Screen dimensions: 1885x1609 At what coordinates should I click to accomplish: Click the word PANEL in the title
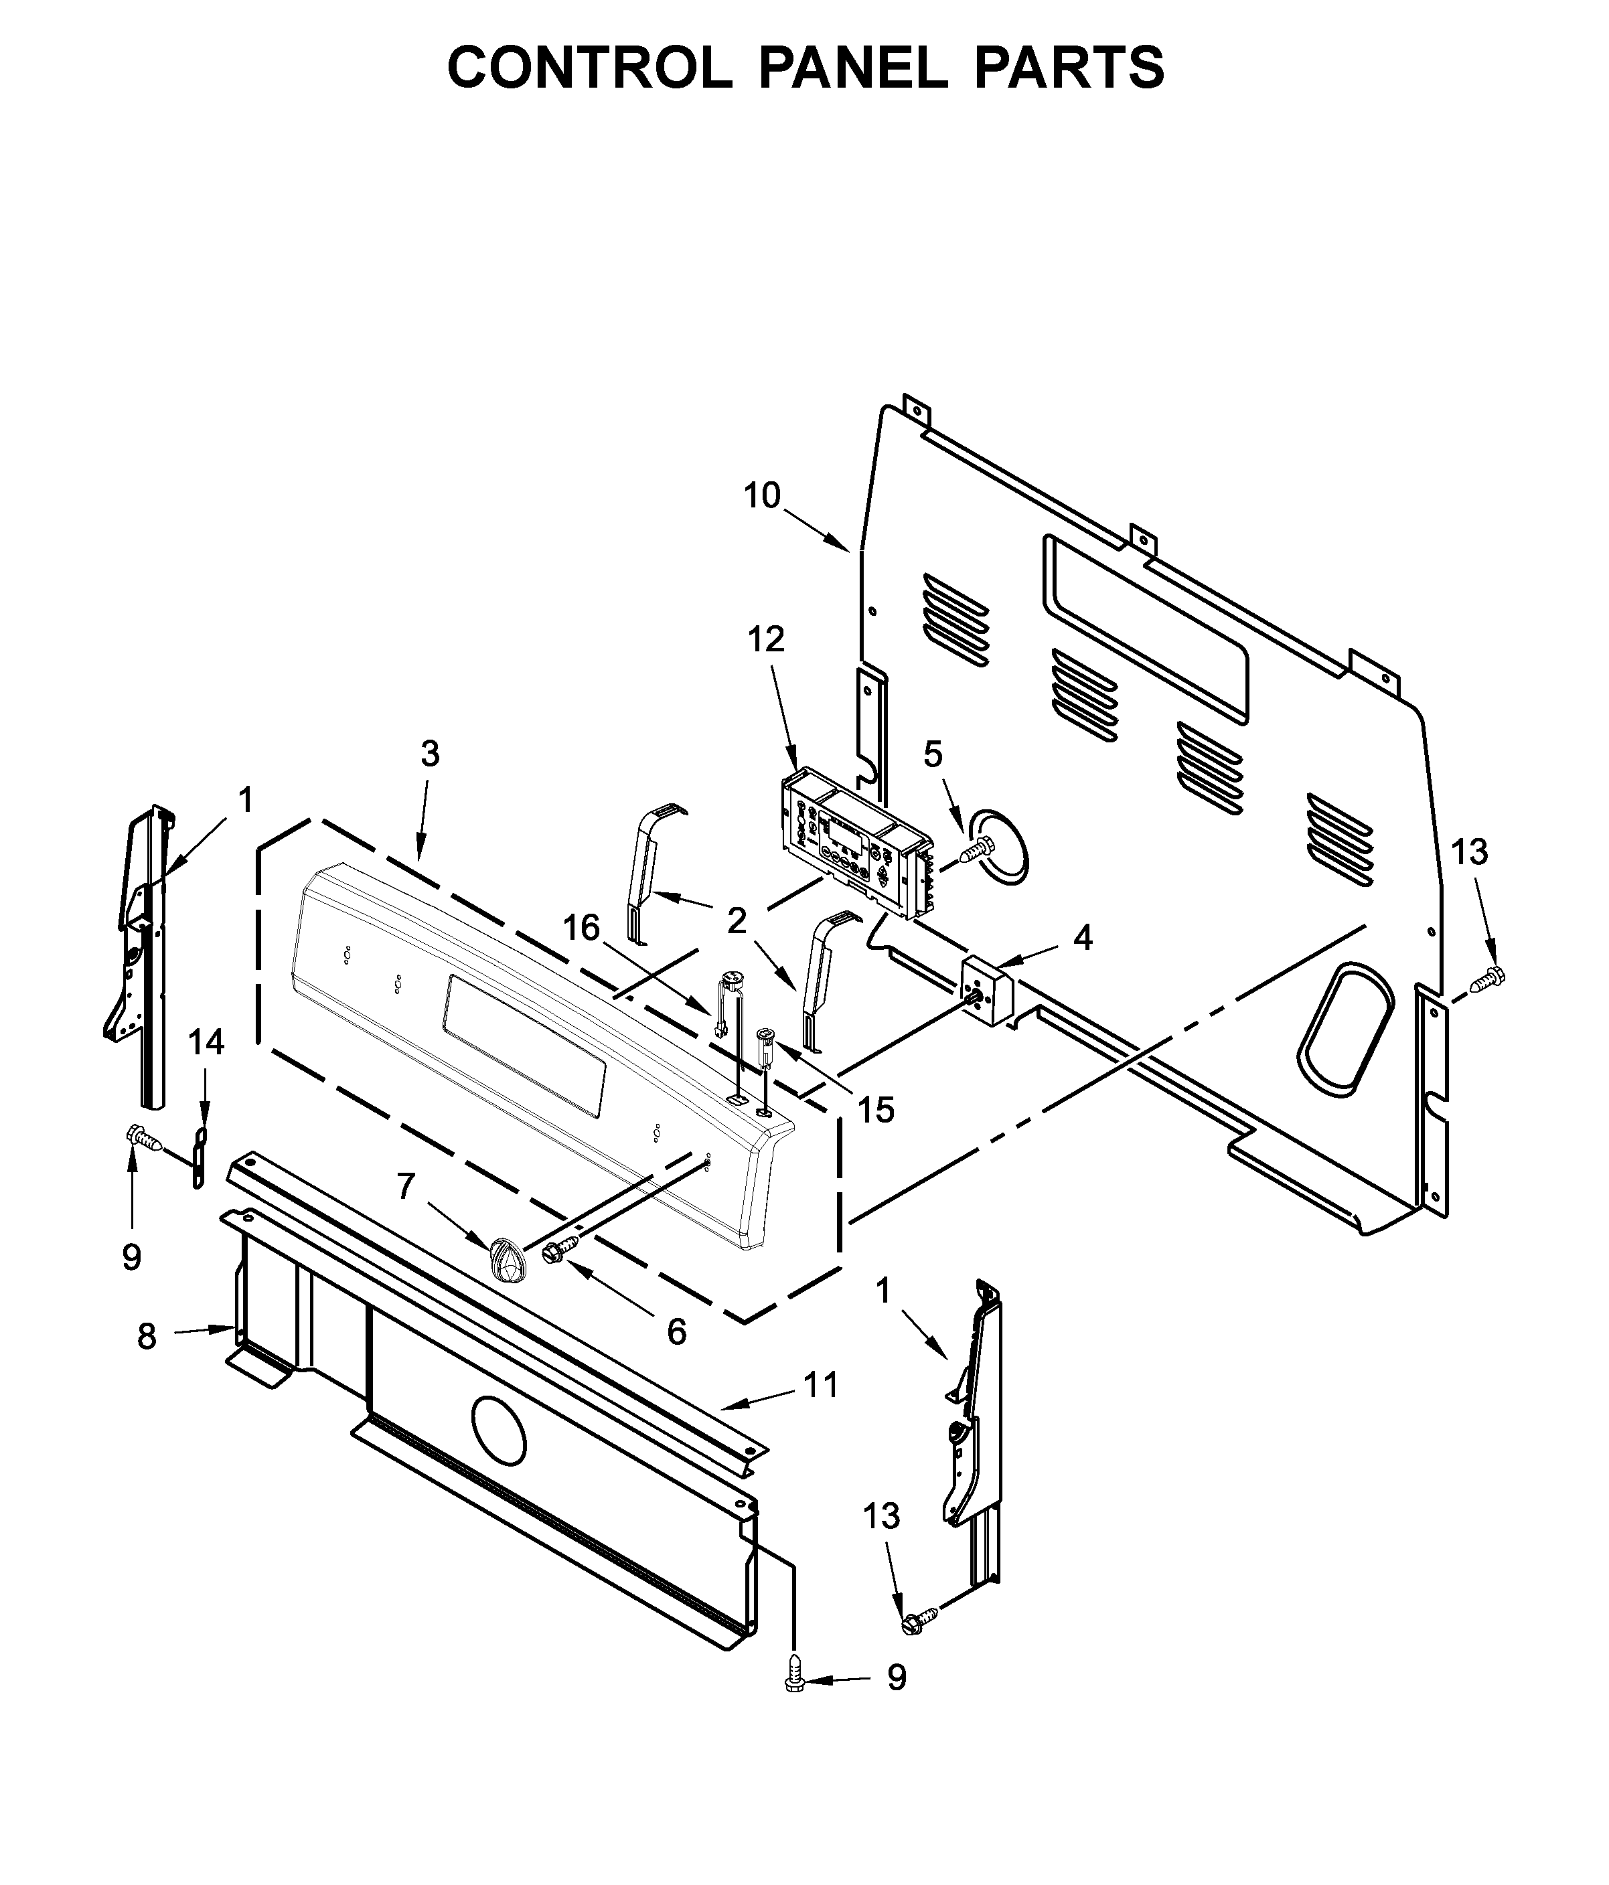pos(853,68)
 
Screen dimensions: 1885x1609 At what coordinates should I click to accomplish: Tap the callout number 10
pos(762,496)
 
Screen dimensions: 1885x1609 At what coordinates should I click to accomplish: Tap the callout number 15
pos(876,1110)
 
